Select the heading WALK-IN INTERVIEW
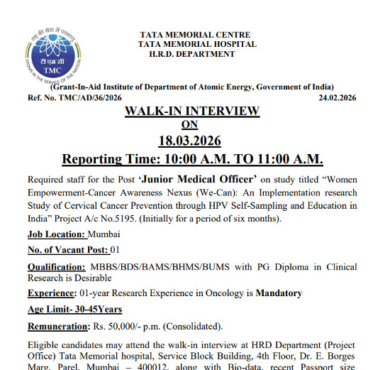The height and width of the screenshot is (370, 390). [x=192, y=111]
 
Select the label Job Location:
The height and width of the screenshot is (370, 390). [x=57, y=234]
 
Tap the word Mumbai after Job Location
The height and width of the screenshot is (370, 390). [x=105, y=234]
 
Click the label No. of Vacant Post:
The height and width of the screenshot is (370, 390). [x=68, y=249]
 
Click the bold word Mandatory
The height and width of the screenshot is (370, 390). [x=279, y=293]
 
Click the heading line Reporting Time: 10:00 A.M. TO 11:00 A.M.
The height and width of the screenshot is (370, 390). [x=192, y=158]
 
